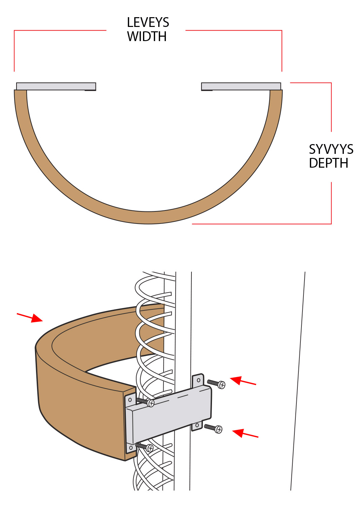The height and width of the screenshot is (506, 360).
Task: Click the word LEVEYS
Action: pyautogui.click(x=148, y=22)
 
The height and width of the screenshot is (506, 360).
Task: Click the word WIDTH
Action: pyautogui.click(x=147, y=36)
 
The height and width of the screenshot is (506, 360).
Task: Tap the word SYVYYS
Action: pyautogui.click(x=331, y=149)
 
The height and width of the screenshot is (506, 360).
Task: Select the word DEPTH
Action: pyautogui.click(x=329, y=163)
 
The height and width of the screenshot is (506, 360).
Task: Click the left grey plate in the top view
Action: pyautogui.click(x=56, y=86)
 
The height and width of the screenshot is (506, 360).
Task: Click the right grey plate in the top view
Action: pyautogui.click(x=241, y=86)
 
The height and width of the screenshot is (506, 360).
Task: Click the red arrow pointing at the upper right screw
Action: pyautogui.click(x=243, y=381)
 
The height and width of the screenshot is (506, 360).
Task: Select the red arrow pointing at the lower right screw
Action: pyautogui.click(x=245, y=434)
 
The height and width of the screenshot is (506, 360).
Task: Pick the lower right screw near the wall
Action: pyautogui.click(x=213, y=428)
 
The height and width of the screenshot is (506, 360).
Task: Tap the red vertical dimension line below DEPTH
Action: pyautogui.click(x=331, y=203)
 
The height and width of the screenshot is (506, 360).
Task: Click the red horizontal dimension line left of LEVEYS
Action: pyautogui.click(x=60, y=30)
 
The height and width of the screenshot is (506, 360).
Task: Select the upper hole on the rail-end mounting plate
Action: pyautogui.click(x=130, y=400)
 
